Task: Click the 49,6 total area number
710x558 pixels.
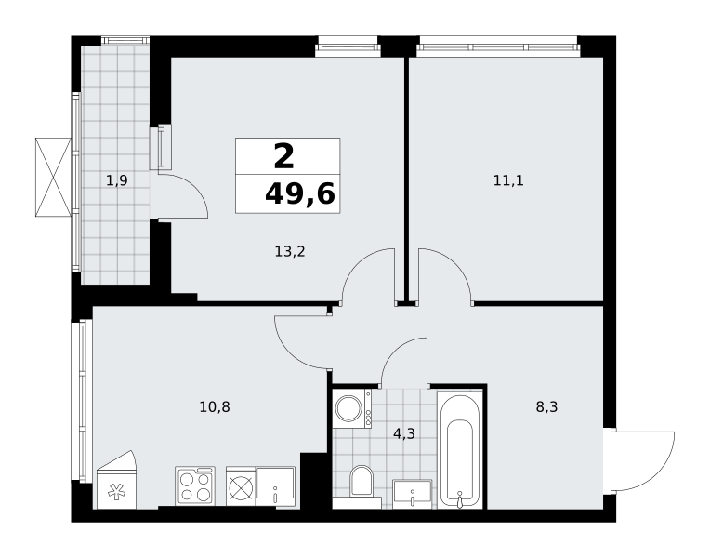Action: pyautogui.click(x=300, y=194)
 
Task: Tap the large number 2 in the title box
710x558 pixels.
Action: pyautogui.click(x=284, y=156)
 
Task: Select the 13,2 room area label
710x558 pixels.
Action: pyautogui.click(x=290, y=251)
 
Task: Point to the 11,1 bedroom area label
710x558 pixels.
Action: pyautogui.click(x=508, y=180)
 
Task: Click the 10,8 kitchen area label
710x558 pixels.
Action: pyautogui.click(x=215, y=407)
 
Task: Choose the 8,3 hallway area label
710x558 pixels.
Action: pyautogui.click(x=546, y=407)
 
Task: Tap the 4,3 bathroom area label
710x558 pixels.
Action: pyautogui.click(x=404, y=433)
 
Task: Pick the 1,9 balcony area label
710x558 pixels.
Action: pyautogui.click(x=117, y=180)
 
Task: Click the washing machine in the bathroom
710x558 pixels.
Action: pyautogui.click(x=352, y=408)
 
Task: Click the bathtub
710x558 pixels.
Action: pyautogui.click(x=459, y=450)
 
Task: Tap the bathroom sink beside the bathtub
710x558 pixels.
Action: pyautogui.click(x=412, y=493)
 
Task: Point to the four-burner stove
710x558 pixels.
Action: pyautogui.click(x=195, y=485)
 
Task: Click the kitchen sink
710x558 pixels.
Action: pyautogui.click(x=275, y=486)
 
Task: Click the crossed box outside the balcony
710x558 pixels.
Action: pyautogui.click(x=53, y=178)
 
